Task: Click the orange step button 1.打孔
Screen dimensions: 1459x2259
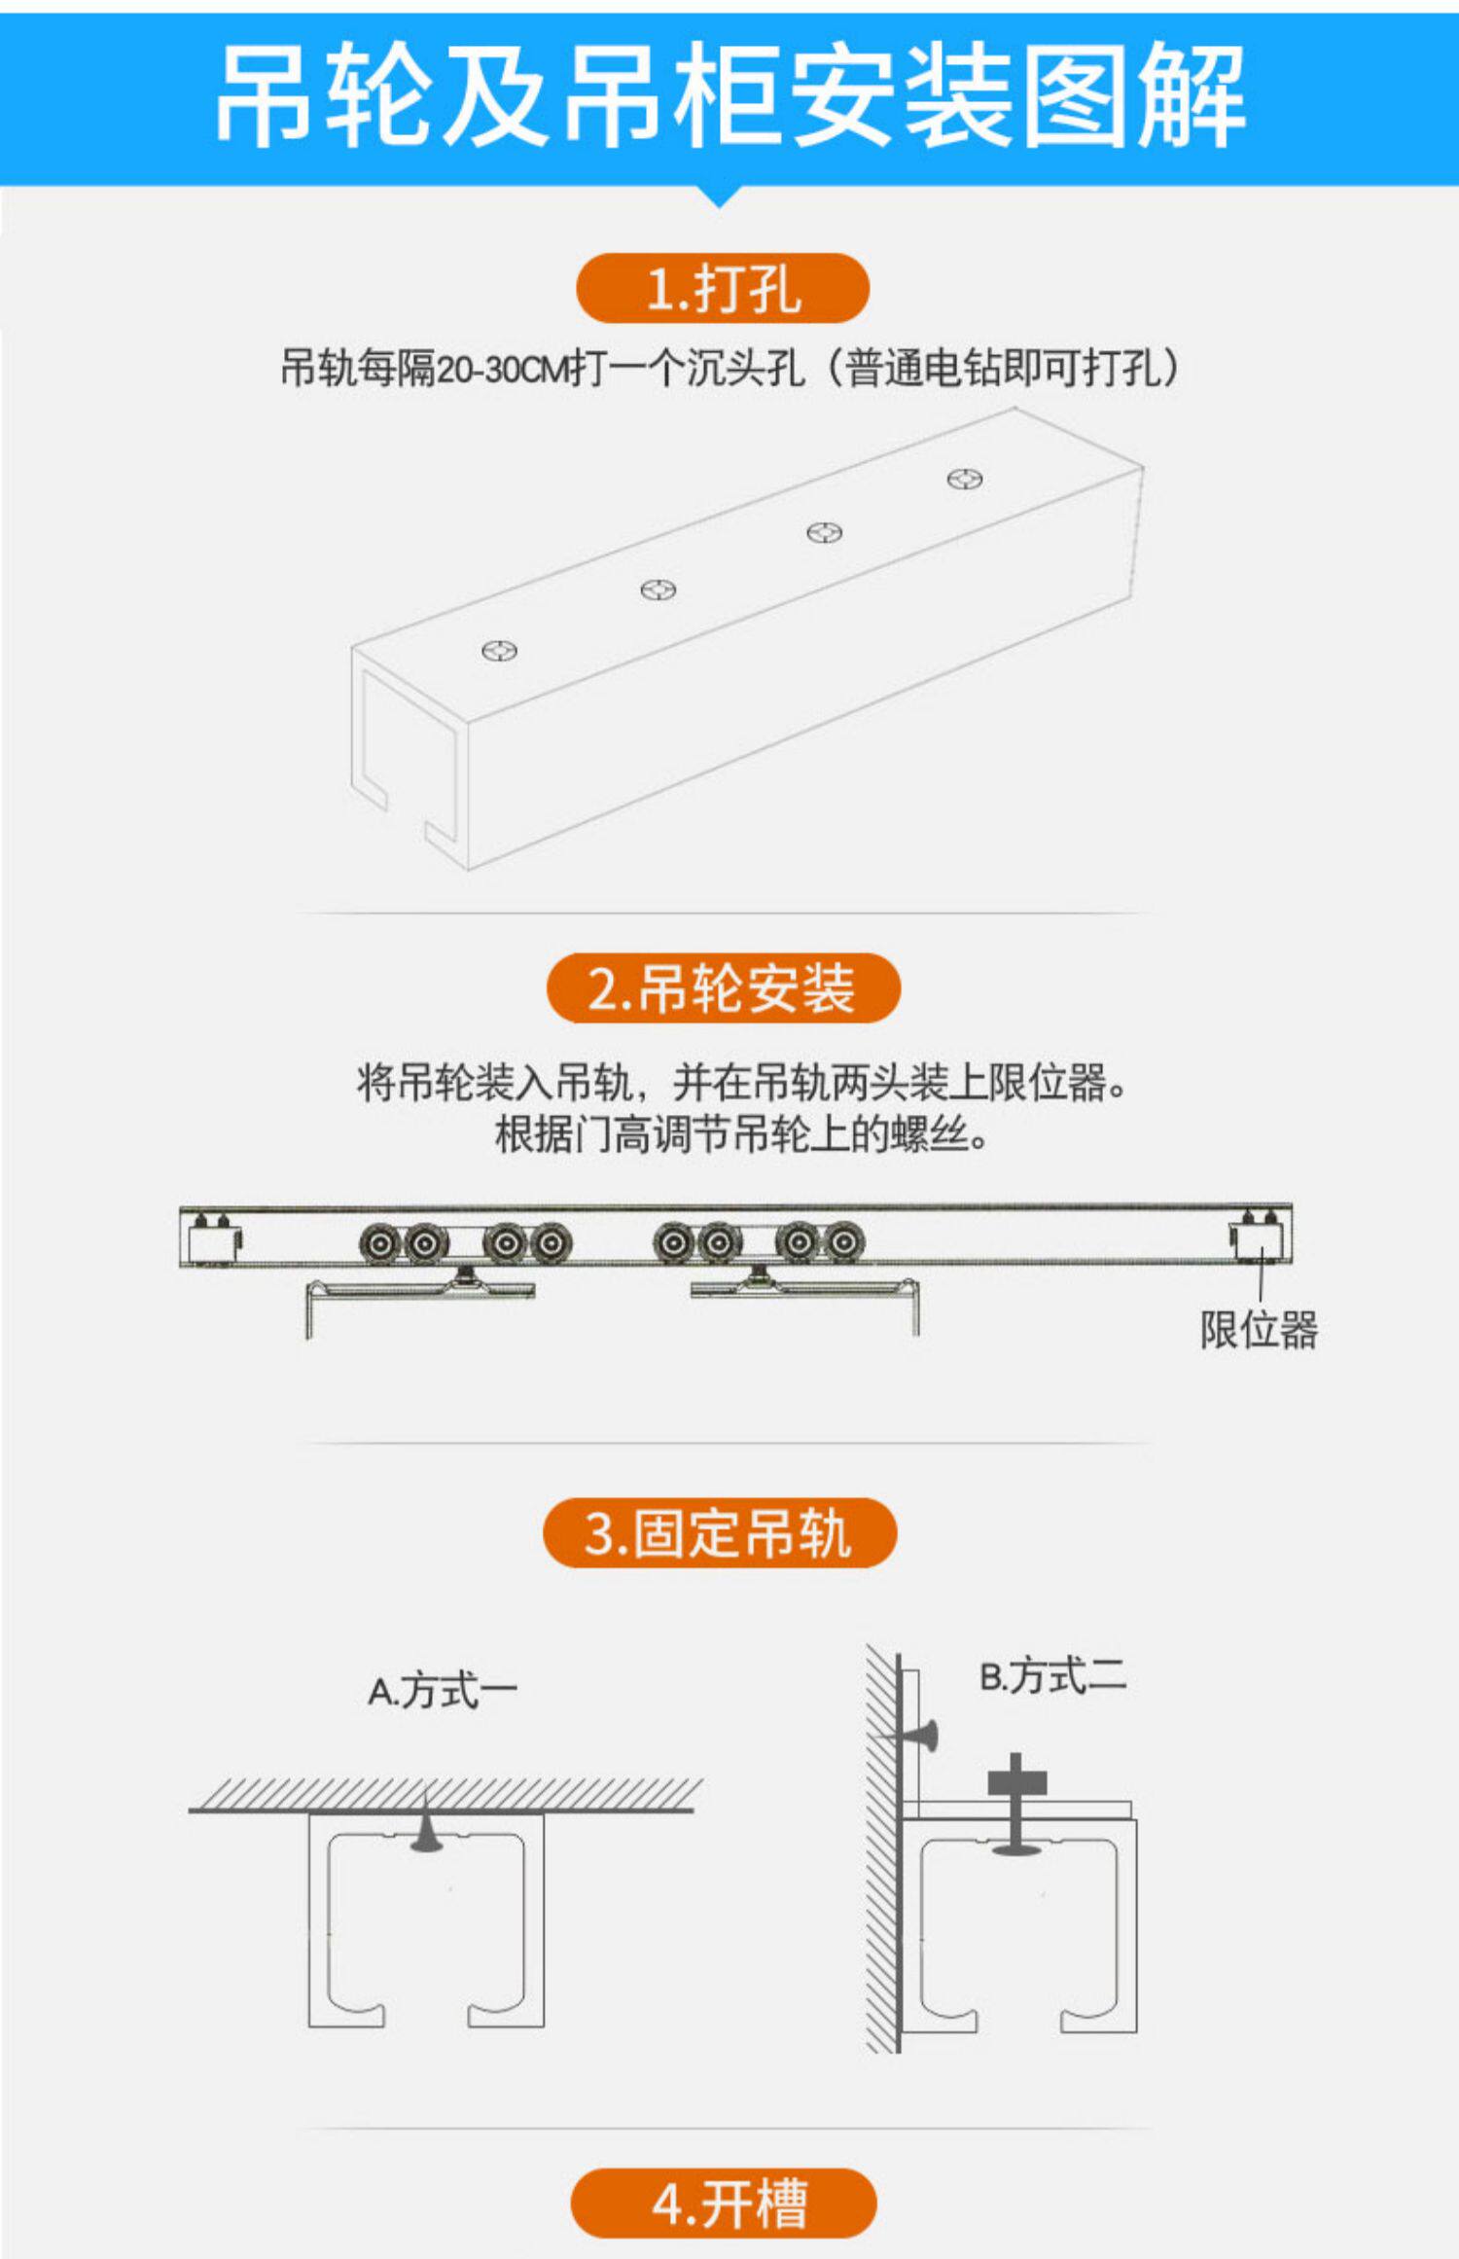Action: [722, 289]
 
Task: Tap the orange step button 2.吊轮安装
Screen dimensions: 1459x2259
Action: [723, 988]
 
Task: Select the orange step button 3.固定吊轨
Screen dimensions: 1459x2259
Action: [719, 1533]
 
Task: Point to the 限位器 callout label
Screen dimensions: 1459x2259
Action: [1259, 1330]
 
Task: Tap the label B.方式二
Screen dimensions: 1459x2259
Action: [1052, 1676]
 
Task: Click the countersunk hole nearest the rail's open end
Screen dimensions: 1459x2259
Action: [500, 650]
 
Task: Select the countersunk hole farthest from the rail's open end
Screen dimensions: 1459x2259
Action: [965, 479]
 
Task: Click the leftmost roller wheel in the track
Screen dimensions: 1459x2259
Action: [378, 1242]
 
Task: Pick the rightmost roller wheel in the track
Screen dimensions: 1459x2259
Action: [844, 1242]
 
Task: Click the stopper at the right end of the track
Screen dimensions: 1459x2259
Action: [1260, 1237]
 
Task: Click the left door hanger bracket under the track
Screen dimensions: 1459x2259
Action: [418, 1294]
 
